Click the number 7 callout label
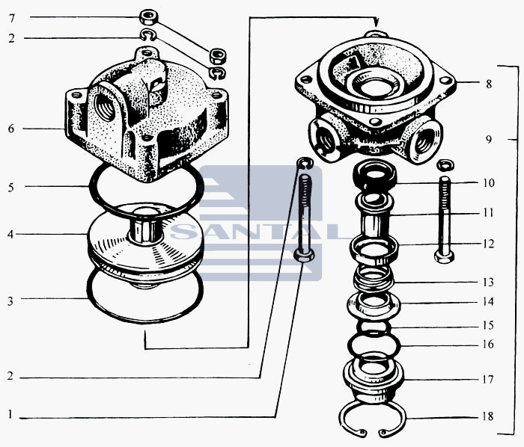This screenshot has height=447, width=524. point(12,18)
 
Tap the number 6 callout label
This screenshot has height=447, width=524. point(11,129)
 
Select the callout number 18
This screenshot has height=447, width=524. point(488,416)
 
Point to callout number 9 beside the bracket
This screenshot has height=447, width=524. point(489,139)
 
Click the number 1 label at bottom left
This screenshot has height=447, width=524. point(10,415)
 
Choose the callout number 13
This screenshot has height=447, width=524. point(488,283)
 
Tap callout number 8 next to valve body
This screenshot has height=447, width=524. point(489,84)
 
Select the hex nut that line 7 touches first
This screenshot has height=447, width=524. point(148,17)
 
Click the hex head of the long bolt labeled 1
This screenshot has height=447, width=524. point(304,256)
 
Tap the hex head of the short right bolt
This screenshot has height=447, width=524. point(444,256)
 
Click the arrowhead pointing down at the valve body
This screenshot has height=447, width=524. point(377,22)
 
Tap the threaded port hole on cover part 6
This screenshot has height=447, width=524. point(105,107)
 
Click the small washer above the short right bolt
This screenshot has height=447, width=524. point(445,164)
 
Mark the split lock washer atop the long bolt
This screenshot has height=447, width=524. point(305,163)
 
